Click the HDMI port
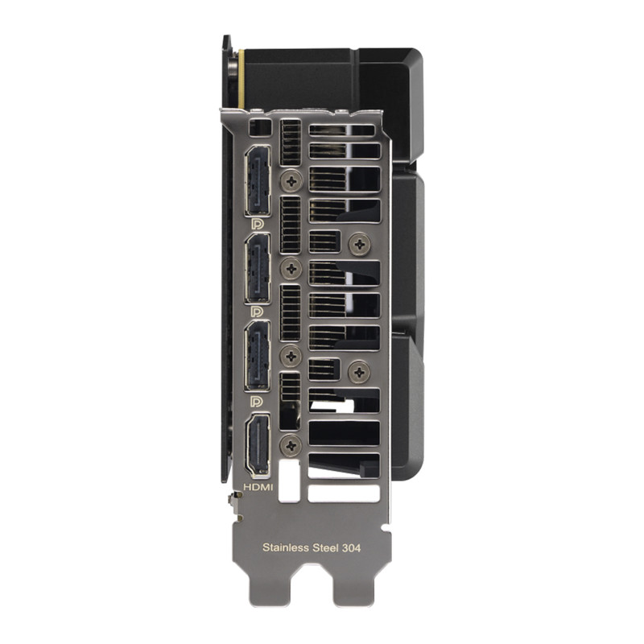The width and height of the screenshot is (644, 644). coord(258,445)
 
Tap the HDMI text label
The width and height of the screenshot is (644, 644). coord(258,487)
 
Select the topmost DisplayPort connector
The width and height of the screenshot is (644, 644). coord(258,180)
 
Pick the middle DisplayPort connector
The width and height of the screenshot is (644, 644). coord(258,268)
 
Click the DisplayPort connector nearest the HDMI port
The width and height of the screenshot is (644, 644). coord(258,355)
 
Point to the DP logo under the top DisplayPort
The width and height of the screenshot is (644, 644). coord(257,224)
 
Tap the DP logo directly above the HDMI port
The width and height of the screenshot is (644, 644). coord(257,401)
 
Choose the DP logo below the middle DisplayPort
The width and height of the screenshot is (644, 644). coord(257,312)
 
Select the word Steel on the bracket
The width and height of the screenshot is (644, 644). coord(326,547)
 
